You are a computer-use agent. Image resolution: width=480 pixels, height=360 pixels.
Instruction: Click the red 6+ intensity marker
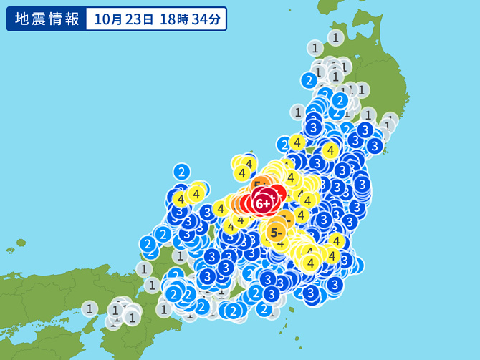(x=263, y=203)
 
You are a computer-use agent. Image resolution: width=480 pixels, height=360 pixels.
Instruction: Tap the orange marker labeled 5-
(x=276, y=232)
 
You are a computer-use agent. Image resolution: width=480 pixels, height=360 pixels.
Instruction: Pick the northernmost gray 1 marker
(x=335, y=37)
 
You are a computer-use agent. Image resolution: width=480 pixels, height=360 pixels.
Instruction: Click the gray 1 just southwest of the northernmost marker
(x=315, y=48)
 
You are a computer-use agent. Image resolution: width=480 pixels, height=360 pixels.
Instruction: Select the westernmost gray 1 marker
(x=90, y=309)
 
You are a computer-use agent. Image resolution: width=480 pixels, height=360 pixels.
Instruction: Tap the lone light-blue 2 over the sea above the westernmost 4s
(x=182, y=172)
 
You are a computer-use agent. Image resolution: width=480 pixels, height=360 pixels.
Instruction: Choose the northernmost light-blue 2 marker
(x=309, y=80)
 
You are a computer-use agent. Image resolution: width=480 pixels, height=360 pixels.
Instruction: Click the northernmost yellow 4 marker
(x=297, y=142)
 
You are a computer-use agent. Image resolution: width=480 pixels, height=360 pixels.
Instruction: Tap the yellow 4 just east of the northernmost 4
(x=330, y=150)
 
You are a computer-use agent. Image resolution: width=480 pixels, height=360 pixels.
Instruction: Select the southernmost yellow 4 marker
(x=310, y=263)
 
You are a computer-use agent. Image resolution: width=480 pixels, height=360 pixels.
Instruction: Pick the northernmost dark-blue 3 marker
(x=313, y=127)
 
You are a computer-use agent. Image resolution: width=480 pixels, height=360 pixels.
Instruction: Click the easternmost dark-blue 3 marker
(x=374, y=145)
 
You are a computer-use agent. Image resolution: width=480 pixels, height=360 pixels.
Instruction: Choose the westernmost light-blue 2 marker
(x=148, y=245)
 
